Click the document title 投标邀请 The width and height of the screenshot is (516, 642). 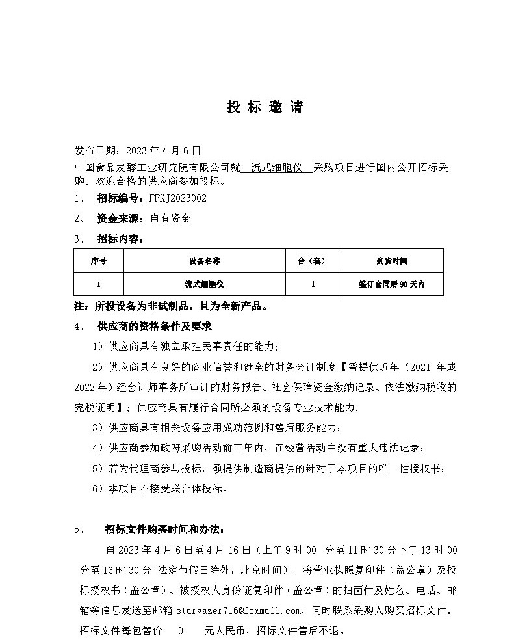point(264,108)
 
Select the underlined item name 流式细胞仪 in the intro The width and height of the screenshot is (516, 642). point(276,167)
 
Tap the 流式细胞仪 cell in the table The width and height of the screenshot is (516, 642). point(204,284)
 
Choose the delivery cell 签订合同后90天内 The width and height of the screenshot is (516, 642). point(391,284)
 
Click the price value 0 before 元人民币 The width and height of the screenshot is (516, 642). point(181,630)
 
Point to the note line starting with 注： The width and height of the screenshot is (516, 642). point(170,306)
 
